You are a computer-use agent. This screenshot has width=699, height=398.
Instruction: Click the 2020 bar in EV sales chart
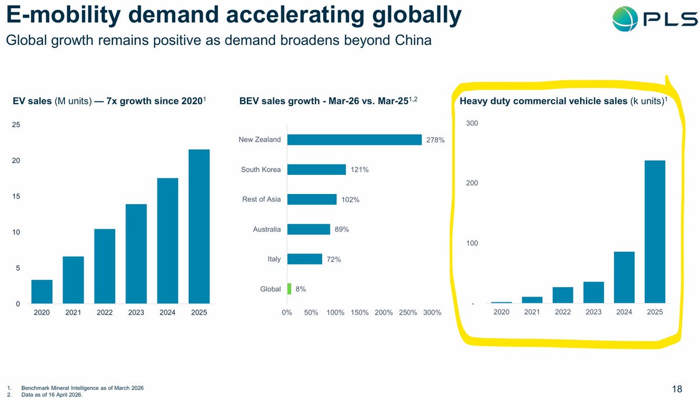42,291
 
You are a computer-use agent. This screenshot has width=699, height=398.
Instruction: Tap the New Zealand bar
354,140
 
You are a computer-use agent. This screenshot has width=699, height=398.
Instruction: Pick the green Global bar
289,289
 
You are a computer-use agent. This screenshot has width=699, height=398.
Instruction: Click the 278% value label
435,140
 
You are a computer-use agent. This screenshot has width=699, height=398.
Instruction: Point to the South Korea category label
260,170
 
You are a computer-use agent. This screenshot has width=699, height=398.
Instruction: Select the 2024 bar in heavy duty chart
624,277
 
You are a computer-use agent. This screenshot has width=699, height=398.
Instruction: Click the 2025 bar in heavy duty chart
655,231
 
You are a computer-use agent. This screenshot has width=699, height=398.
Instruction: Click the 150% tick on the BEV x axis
359,313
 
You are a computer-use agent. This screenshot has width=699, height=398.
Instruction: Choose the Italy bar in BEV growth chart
305,259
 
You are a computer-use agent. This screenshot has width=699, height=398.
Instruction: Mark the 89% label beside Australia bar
341,230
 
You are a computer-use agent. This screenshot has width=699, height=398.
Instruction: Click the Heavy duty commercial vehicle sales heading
544,101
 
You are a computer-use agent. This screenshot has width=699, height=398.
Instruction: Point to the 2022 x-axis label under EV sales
104,313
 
